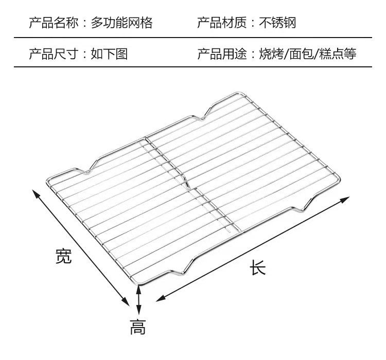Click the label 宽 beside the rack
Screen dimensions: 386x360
tap(63, 256)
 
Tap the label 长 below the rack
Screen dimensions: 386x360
tap(258, 267)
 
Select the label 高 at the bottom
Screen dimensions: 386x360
tap(137, 327)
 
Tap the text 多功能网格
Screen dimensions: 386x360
tap(122, 23)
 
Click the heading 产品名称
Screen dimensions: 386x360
tap(50, 23)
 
